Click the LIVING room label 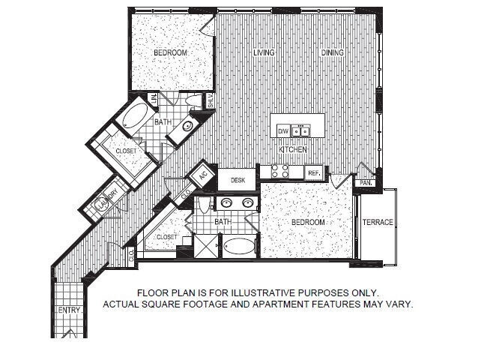coord(263,52)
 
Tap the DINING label coord(332,52)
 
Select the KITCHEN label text coord(293,150)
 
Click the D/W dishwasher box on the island coord(282,131)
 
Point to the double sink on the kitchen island coord(300,131)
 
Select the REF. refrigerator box coord(313,172)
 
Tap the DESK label coord(238,180)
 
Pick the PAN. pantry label coord(366,182)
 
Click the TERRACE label coord(377,223)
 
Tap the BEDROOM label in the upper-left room coord(170,52)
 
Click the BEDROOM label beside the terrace coord(307,223)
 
